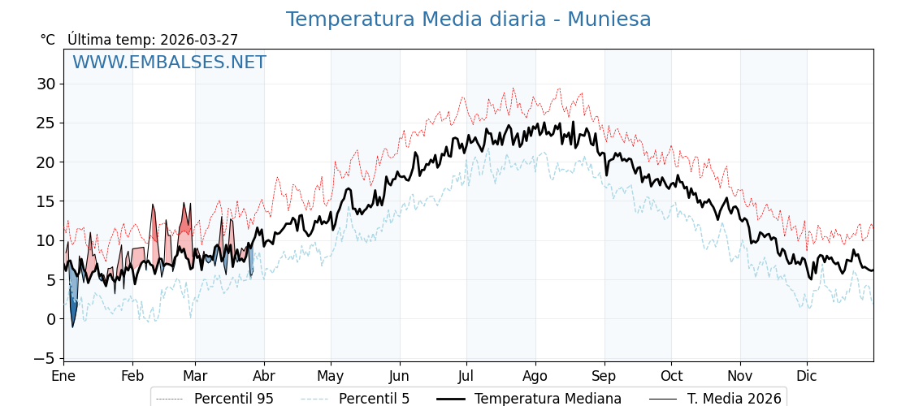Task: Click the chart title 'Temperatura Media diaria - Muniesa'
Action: (x=468, y=19)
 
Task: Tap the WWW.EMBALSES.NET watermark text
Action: (x=169, y=63)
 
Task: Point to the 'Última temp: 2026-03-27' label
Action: (x=153, y=40)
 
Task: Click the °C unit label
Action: (x=48, y=40)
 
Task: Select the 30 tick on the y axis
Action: (x=45, y=84)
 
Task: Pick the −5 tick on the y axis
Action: (x=45, y=358)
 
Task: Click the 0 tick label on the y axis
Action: (x=50, y=319)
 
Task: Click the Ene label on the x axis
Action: (x=63, y=376)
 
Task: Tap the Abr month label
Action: (x=263, y=376)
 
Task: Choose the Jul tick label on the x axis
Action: (x=466, y=376)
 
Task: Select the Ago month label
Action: (x=535, y=376)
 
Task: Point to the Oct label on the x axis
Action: (x=671, y=376)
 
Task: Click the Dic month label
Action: (x=807, y=376)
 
